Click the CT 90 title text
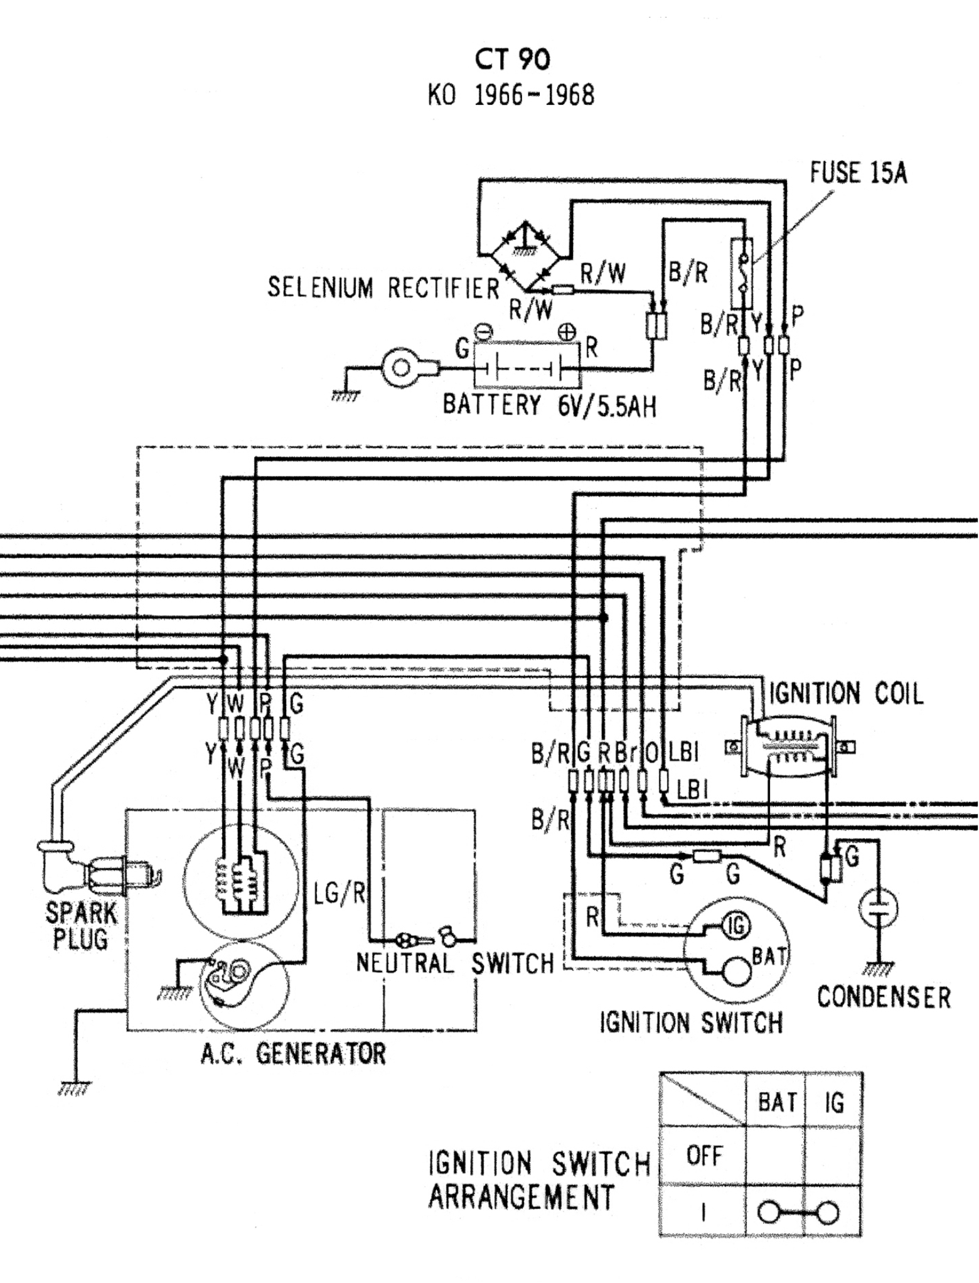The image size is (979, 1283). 512,60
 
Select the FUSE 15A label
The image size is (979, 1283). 858,173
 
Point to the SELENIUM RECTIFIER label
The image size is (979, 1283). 383,288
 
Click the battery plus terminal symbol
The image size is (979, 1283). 567,332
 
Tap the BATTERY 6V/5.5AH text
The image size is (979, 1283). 549,405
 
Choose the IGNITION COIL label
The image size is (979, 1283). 846,694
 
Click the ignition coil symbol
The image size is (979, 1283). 789,747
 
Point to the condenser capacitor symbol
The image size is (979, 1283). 879,908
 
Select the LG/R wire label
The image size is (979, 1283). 340,893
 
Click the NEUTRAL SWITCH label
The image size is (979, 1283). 454,963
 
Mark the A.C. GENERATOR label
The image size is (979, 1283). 293,1054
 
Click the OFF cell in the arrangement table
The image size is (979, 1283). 704,1156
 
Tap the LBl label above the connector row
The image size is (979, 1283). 683,752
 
